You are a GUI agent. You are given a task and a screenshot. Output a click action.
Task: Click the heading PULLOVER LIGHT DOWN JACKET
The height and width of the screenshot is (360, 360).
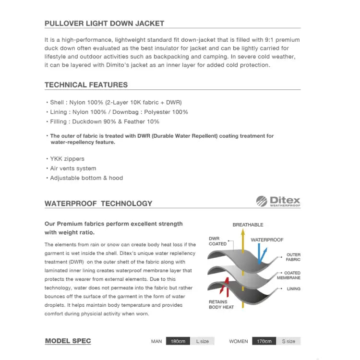(104, 23)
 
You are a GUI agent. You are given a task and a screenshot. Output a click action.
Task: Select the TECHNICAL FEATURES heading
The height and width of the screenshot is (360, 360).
(86, 85)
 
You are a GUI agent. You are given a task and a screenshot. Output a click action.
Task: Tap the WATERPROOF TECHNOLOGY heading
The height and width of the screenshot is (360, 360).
(98, 204)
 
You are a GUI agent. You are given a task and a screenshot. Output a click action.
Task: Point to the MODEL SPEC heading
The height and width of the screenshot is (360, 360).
(68, 341)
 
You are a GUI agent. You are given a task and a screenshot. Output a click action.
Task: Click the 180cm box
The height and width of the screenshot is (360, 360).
(178, 341)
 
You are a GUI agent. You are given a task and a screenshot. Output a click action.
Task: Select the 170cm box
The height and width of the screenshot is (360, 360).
(264, 341)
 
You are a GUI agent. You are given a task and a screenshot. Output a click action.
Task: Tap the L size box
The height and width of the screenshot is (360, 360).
(203, 341)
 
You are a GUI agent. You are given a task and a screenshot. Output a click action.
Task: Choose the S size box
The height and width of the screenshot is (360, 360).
(288, 341)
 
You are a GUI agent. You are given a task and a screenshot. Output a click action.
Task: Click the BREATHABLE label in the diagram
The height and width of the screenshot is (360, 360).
(248, 225)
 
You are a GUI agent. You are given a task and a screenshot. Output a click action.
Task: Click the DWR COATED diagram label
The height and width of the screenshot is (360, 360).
(217, 241)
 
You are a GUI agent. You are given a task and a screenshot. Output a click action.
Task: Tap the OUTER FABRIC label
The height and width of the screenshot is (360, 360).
(293, 257)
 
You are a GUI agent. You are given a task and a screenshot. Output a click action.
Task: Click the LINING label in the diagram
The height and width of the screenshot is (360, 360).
(293, 289)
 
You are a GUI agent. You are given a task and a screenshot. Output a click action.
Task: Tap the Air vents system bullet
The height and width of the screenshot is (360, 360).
(73, 168)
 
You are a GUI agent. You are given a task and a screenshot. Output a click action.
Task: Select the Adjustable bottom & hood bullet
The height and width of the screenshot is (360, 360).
(86, 178)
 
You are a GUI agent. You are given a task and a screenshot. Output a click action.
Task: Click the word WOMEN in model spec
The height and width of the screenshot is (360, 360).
(239, 341)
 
